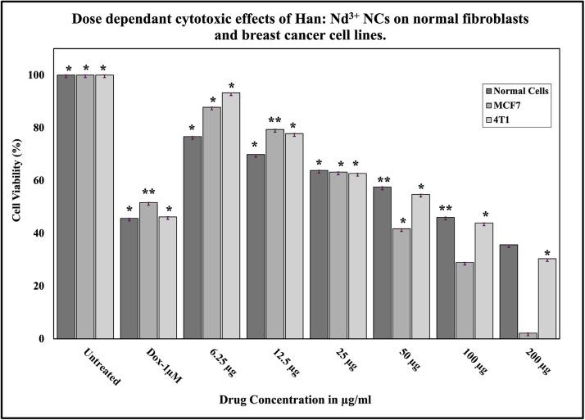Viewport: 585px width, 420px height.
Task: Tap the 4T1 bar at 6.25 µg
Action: (x=230, y=215)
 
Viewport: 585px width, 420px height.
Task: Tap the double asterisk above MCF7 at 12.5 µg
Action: (x=274, y=120)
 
